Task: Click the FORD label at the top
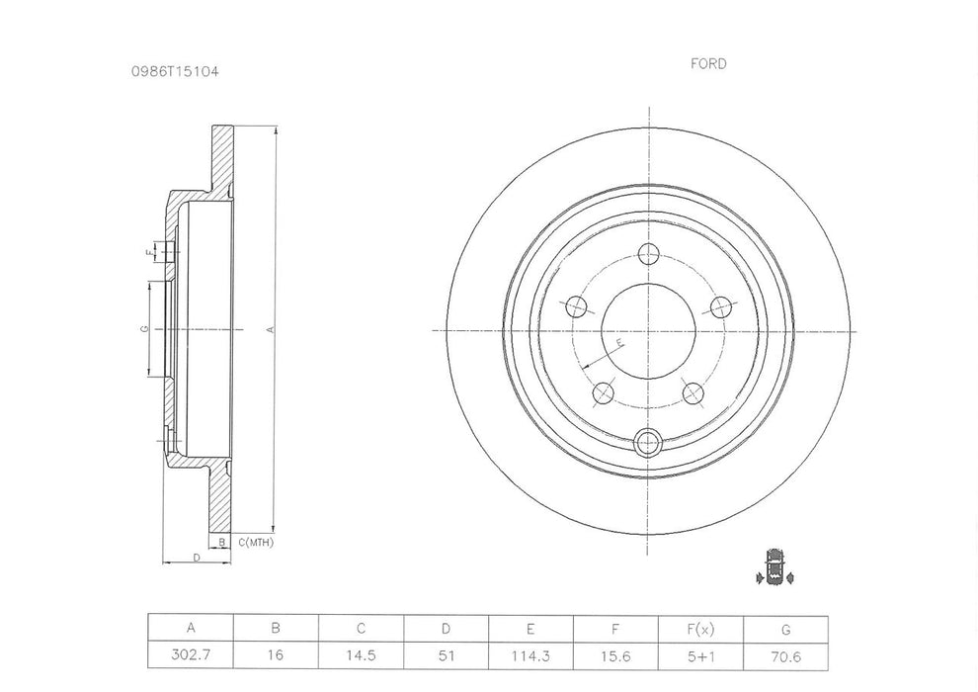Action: click(x=707, y=64)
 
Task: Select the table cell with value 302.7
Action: click(x=191, y=653)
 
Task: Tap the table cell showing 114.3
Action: click(x=530, y=653)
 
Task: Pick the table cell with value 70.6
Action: click(x=785, y=653)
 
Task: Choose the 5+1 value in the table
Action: click(x=700, y=653)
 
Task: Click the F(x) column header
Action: click(x=700, y=628)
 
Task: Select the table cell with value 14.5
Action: click(x=361, y=653)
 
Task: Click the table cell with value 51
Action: click(x=446, y=653)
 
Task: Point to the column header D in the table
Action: click(x=446, y=628)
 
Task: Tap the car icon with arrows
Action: click(x=774, y=566)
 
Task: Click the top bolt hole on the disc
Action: click(x=648, y=254)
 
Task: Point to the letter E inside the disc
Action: click(x=619, y=342)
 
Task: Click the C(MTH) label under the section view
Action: click(x=255, y=542)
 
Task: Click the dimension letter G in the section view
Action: click(x=144, y=328)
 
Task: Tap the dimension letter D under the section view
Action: click(x=197, y=559)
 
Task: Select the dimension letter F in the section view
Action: click(x=148, y=252)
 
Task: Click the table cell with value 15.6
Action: click(x=615, y=653)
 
